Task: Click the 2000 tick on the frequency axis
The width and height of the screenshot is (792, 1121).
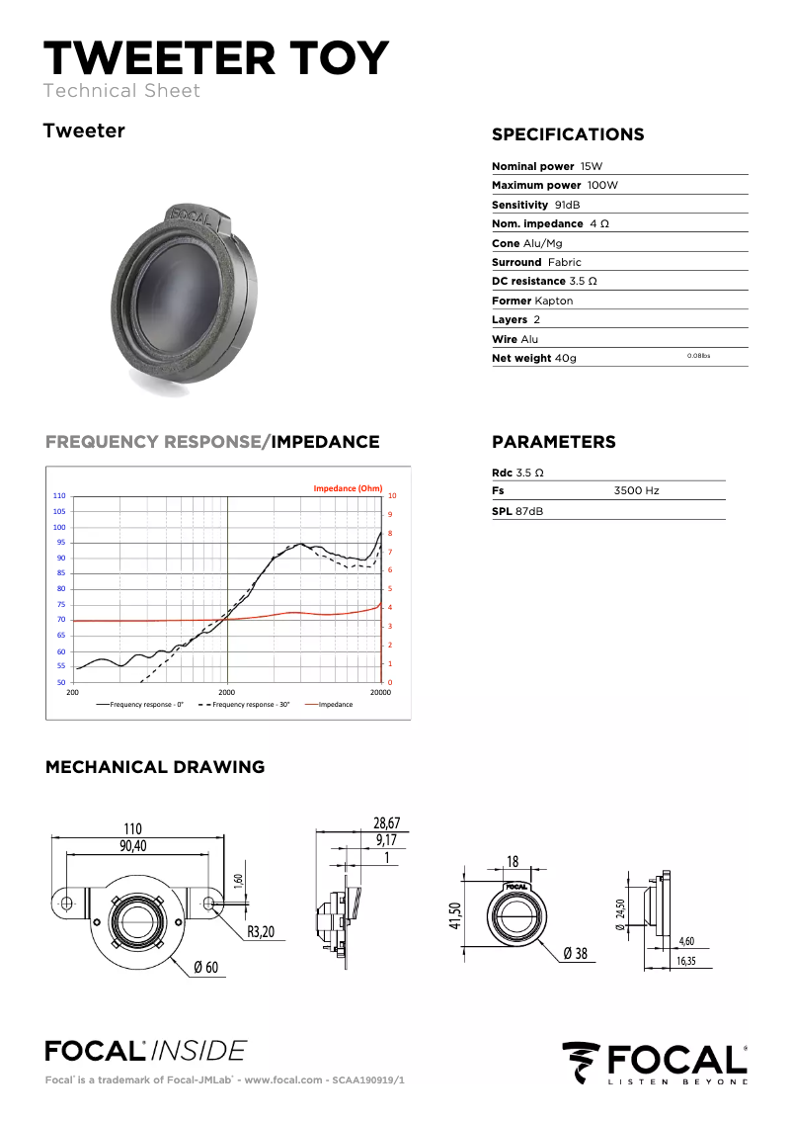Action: (x=226, y=693)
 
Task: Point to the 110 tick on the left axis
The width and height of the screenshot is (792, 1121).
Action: (x=59, y=495)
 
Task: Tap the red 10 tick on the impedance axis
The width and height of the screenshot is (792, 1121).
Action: (x=392, y=496)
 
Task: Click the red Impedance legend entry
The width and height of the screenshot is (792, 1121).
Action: (x=335, y=705)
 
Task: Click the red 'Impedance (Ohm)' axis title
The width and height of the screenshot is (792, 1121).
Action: (x=348, y=488)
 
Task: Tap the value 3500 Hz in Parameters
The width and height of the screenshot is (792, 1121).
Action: (x=636, y=490)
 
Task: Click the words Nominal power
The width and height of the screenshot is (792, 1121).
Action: (x=532, y=166)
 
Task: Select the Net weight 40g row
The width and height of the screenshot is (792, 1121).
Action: (x=534, y=358)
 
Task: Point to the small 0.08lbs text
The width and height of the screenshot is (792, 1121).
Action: (x=698, y=355)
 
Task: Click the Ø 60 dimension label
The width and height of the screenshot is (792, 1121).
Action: (x=205, y=966)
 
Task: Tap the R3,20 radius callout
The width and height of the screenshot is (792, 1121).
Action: (x=261, y=930)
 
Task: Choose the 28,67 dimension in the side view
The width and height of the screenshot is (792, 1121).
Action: (x=386, y=823)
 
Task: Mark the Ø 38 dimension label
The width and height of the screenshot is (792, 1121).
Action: (x=575, y=953)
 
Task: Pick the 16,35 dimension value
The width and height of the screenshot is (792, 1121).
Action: (x=686, y=960)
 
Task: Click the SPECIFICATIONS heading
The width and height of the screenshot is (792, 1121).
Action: (x=568, y=134)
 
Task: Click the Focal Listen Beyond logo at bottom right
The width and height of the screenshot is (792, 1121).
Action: (x=654, y=1063)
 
